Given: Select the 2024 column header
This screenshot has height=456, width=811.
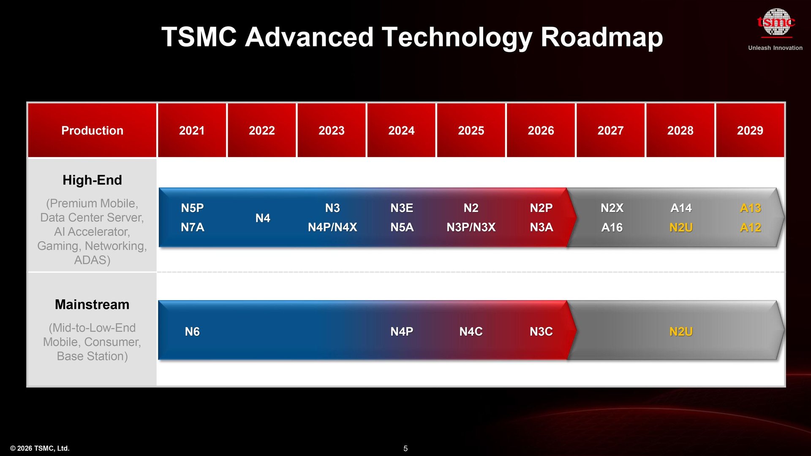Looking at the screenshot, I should click(401, 130).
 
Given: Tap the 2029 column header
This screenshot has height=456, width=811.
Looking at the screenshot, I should click(750, 130).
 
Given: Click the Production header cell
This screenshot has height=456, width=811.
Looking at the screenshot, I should click(92, 130).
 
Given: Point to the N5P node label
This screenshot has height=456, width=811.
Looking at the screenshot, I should click(192, 208).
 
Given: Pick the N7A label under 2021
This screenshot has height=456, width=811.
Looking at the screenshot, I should click(192, 227).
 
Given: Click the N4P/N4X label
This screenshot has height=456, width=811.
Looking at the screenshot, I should click(332, 227).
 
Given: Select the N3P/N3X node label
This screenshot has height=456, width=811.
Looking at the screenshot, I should click(471, 227).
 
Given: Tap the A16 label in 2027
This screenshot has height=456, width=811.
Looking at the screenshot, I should click(612, 227).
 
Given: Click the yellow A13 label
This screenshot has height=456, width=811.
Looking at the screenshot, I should click(750, 208).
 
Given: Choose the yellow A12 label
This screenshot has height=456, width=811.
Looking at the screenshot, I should click(750, 227).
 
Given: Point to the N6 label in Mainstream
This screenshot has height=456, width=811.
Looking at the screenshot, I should click(192, 331).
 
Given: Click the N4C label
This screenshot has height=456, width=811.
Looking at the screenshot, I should click(471, 331).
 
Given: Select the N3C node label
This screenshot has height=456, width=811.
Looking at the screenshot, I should click(541, 331).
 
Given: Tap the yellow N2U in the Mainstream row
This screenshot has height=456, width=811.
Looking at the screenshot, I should click(681, 331).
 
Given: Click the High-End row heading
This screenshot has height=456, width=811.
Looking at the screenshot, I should click(92, 180).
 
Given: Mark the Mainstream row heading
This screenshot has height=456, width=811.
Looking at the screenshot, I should click(92, 304).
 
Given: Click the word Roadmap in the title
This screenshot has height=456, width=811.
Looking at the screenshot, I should click(601, 37).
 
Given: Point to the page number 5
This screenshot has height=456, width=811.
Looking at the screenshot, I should click(405, 448).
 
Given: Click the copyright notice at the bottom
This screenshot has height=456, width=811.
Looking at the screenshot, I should click(40, 448).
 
